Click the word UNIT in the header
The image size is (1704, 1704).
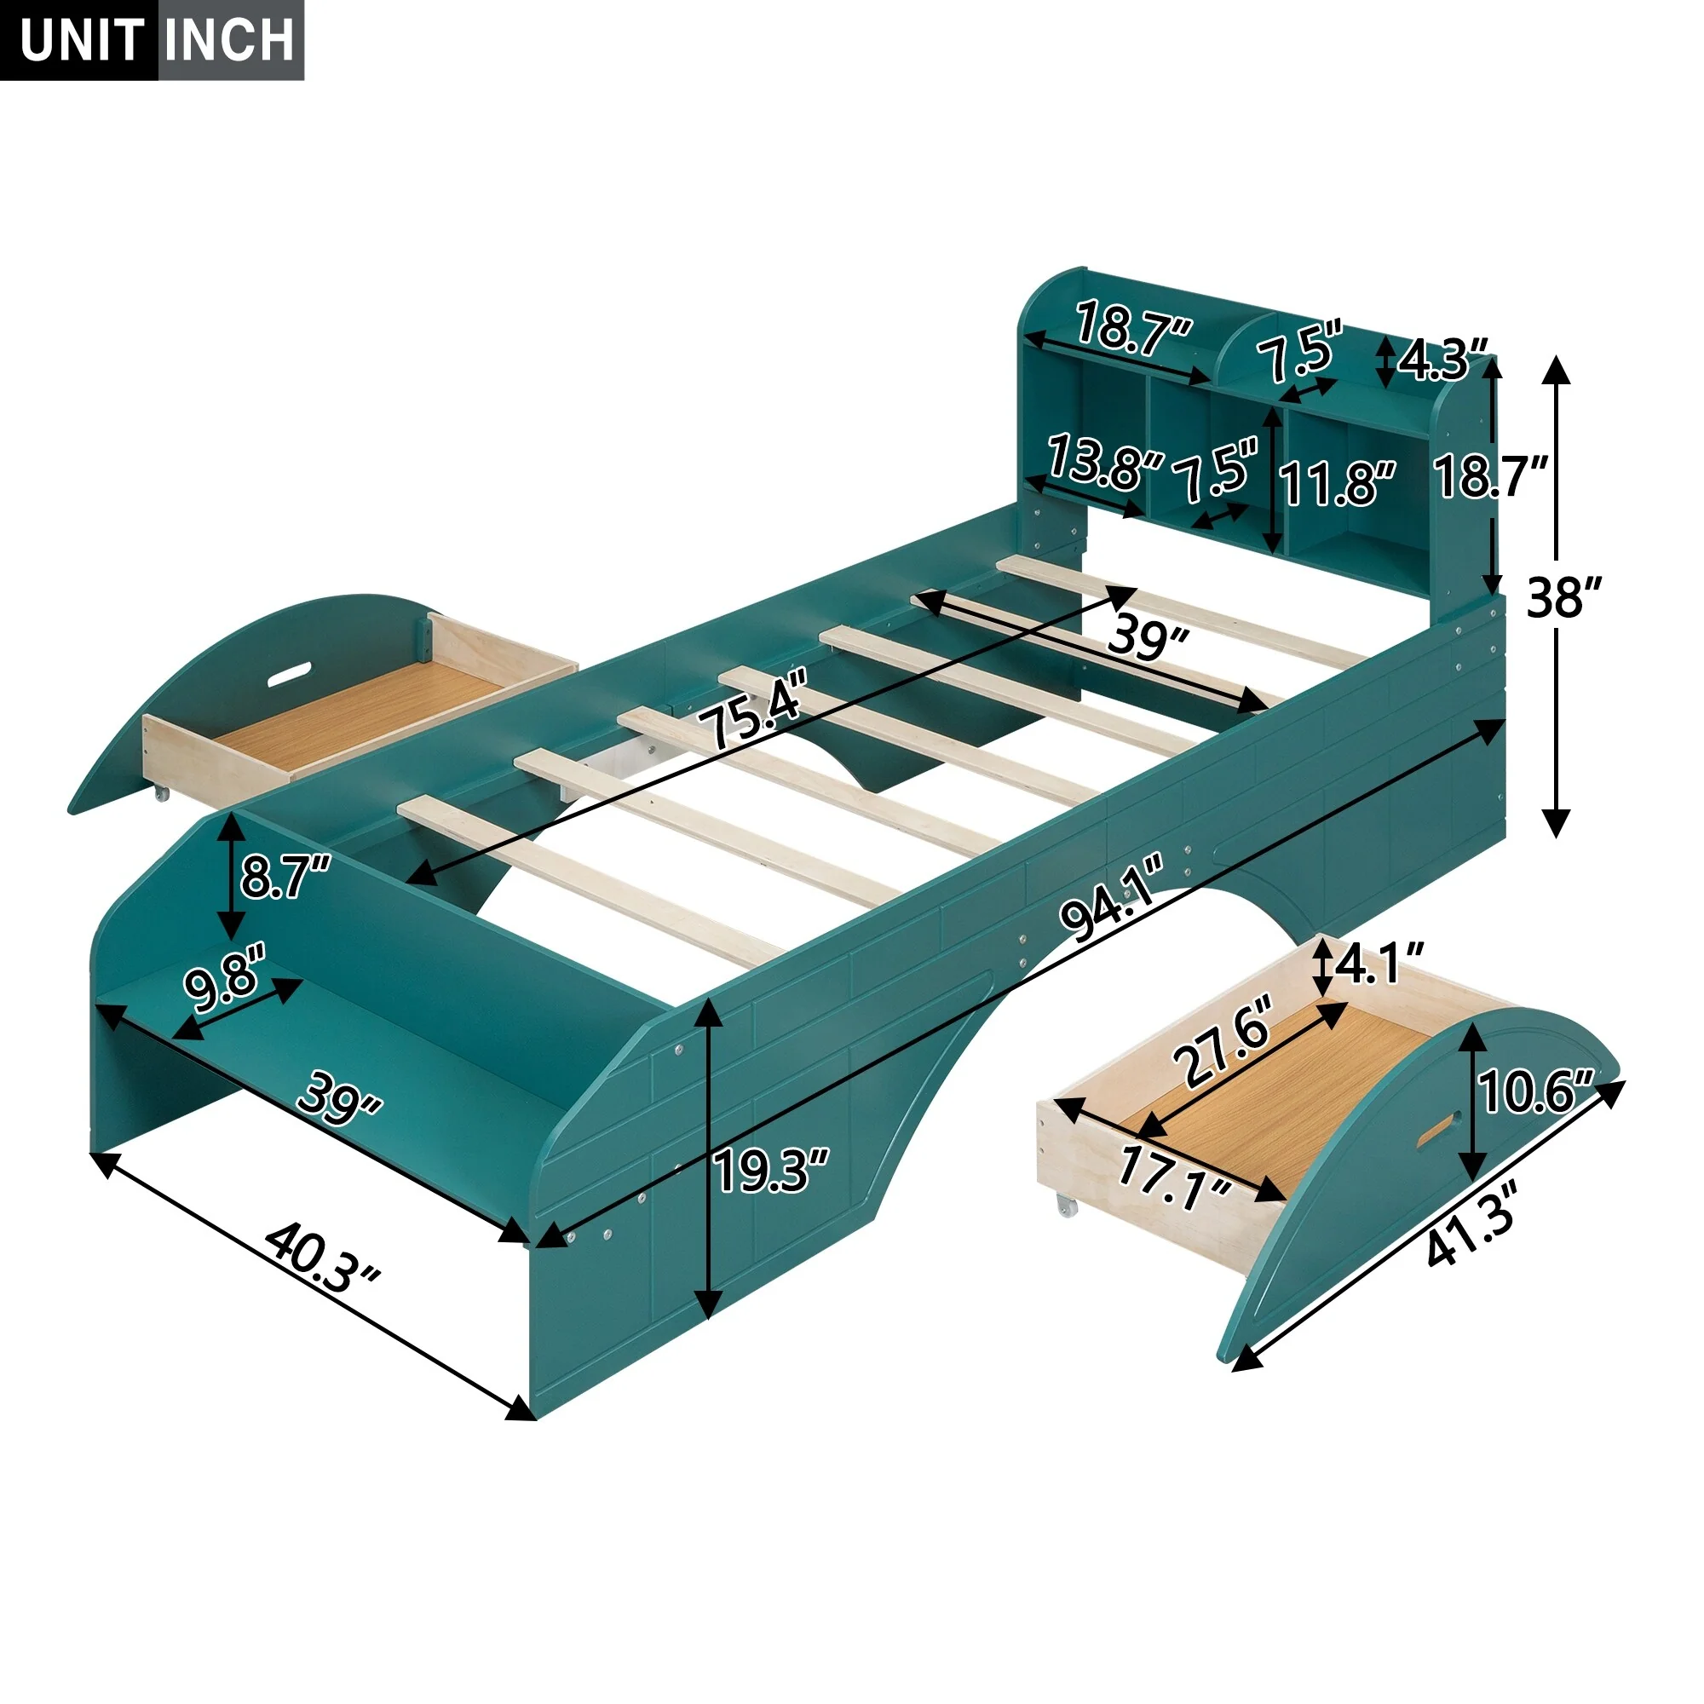(x=81, y=40)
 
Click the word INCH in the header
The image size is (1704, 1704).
(x=229, y=40)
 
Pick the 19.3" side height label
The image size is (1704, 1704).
(x=772, y=1171)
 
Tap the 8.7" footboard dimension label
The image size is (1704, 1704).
(x=284, y=878)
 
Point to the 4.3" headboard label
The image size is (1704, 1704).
(x=1444, y=360)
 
